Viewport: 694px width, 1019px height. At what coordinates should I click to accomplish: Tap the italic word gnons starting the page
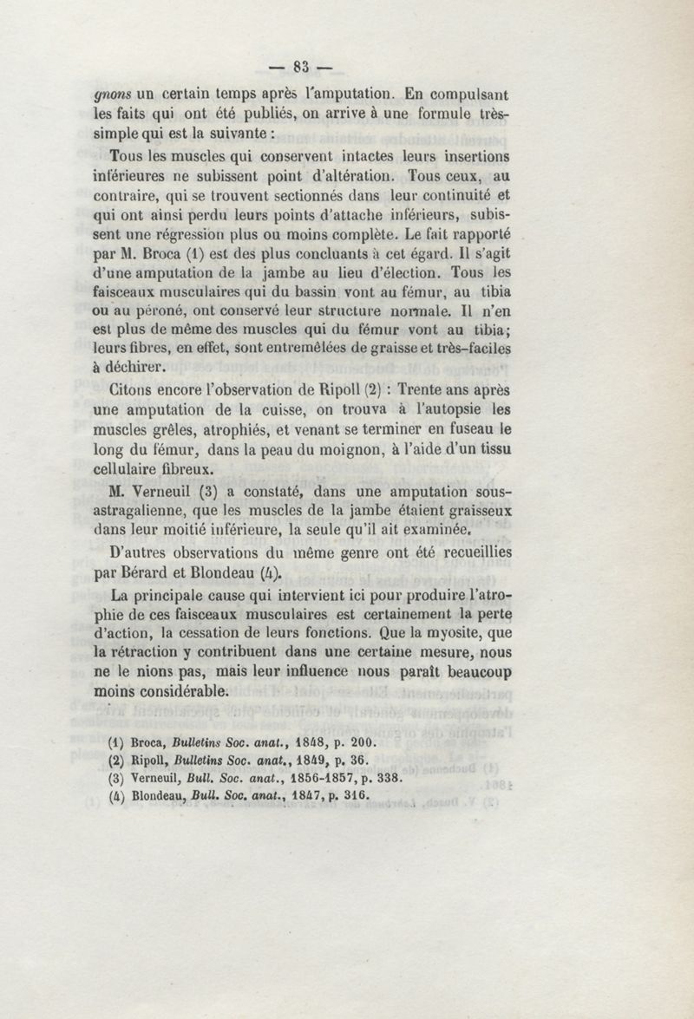[112, 91]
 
